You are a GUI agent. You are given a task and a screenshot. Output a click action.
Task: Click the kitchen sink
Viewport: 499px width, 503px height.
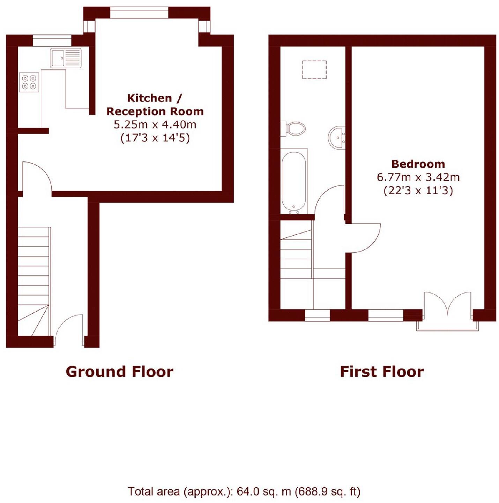[66, 58]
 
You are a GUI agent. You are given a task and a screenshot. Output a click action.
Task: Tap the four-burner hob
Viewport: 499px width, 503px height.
[29, 82]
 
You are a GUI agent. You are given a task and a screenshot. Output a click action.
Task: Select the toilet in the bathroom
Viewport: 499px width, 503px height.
[295, 129]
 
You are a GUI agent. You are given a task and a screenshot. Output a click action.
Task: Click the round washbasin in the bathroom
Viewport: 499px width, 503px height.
[337, 138]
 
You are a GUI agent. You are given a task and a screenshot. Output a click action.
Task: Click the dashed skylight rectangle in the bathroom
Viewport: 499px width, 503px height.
[314, 70]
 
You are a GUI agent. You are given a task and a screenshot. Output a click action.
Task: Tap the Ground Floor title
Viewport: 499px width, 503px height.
[119, 372]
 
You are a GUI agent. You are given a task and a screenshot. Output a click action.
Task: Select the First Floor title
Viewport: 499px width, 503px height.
[382, 372]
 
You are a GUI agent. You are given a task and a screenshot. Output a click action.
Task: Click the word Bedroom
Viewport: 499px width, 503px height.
[418, 164]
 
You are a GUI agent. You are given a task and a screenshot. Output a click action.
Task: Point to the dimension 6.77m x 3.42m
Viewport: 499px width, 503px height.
[418, 177]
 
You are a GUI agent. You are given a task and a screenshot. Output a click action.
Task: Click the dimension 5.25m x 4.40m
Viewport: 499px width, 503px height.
[155, 124]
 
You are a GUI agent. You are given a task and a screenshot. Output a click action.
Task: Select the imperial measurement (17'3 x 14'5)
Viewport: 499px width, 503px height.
[155, 138]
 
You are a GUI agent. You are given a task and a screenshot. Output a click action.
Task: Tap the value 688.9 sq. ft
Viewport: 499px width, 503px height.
[327, 491]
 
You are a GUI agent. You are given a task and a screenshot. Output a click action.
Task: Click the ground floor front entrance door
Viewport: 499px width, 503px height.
[69, 329]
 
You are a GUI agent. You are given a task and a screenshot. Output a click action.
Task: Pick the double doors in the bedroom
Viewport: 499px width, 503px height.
[447, 305]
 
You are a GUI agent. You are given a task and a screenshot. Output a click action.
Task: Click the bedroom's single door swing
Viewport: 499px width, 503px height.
[365, 238]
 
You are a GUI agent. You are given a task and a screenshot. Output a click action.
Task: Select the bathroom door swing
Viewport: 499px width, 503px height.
[330, 202]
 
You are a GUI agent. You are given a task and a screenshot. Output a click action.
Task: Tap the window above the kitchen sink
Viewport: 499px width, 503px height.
[52, 40]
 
